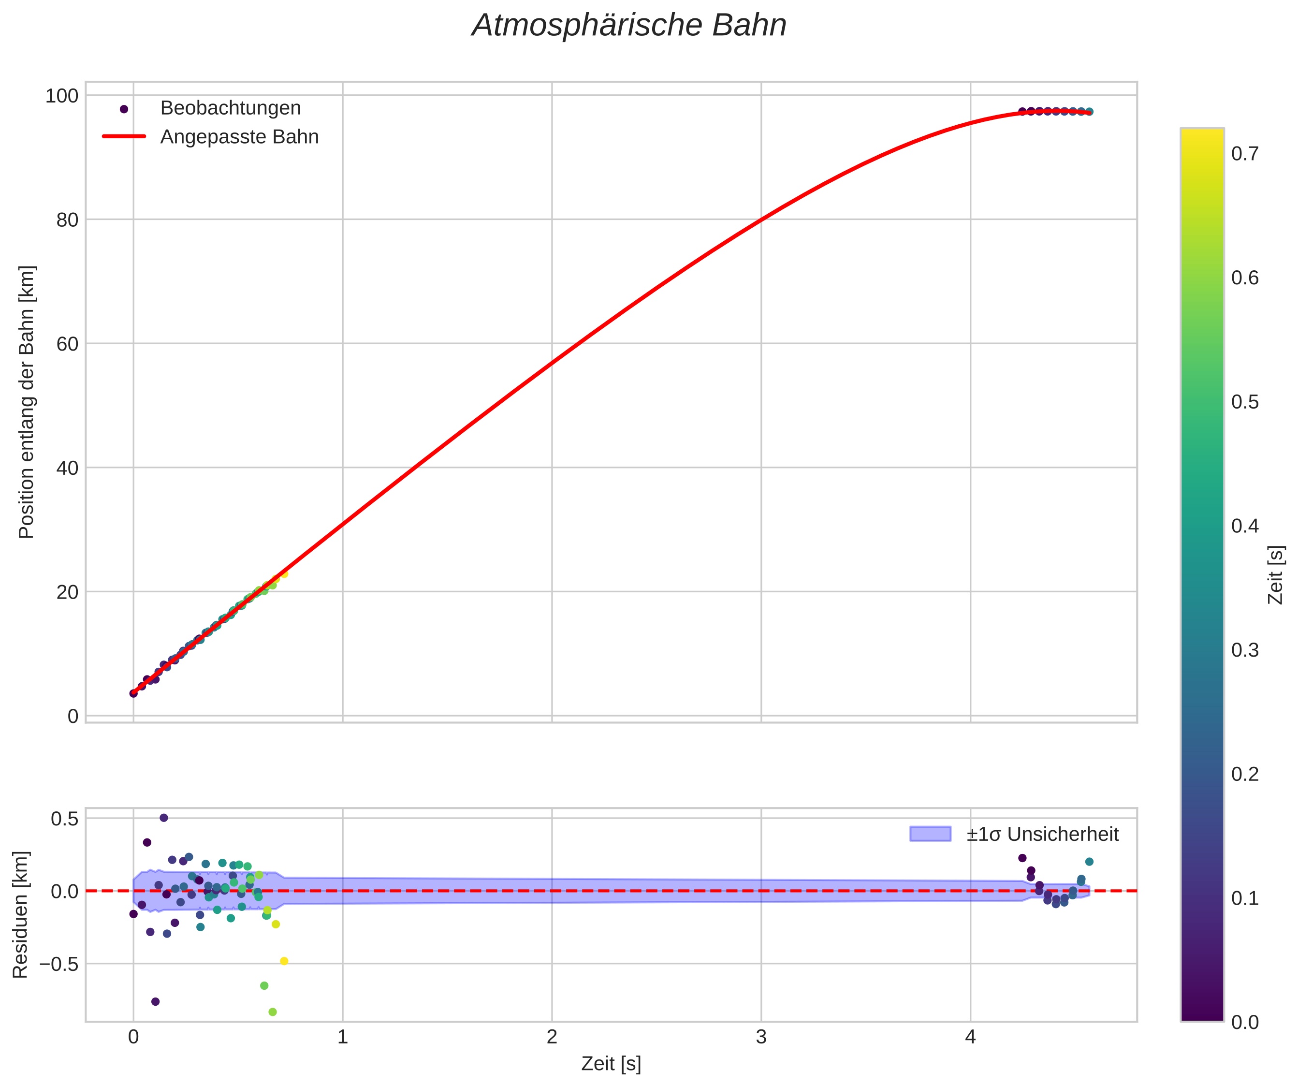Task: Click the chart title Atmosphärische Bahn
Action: [x=628, y=26]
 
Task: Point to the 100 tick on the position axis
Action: [x=62, y=96]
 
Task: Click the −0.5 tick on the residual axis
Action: [x=59, y=964]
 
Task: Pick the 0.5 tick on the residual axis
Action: [x=64, y=818]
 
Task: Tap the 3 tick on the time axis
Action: [x=761, y=1037]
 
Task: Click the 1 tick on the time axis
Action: [x=342, y=1037]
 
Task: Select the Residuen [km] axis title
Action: [x=20, y=915]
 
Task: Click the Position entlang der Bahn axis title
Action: [x=27, y=402]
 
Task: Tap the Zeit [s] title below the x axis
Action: [x=611, y=1064]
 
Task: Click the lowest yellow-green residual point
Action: [x=273, y=1012]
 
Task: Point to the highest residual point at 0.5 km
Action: [x=164, y=818]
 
